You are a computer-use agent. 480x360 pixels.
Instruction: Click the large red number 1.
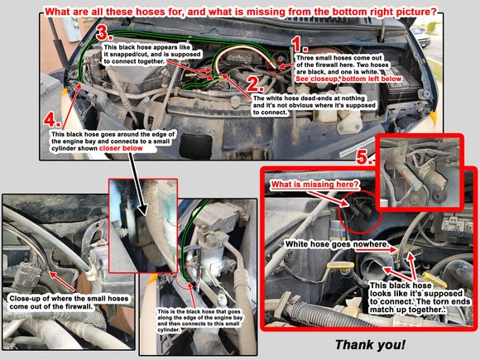[x=299, y=44]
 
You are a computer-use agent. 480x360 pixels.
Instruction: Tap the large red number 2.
[x=255, y=84]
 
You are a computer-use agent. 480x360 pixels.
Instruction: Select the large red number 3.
[x=104, y=33]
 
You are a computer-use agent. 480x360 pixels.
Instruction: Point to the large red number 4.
[x=52, y=119]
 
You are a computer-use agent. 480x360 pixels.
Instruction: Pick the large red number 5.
[x=364, y=157]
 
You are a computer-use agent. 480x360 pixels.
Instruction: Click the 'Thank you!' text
[x=371, y=345]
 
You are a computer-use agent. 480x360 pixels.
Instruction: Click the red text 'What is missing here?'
[x=315, y=185]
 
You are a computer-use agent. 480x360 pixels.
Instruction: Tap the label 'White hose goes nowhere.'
[x=337, y=244]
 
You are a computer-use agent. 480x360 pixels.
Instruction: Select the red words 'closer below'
[x=121, y=148]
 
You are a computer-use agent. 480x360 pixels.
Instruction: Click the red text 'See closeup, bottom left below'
[x=348, y=79]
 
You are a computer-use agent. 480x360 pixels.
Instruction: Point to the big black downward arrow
[x=138, y=184]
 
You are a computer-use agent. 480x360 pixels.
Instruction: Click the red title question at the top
[x=241, y=12]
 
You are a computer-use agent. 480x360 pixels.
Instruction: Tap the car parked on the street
[x=420, y=37]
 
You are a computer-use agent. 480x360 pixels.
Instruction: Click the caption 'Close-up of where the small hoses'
[x=69, y=299]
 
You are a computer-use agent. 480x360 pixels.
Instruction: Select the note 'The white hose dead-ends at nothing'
[x=309, y=98]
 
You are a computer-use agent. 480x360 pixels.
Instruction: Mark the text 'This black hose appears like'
[x=147, y=47]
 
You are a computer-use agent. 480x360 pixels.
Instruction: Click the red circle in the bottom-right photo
[x=360, y=212]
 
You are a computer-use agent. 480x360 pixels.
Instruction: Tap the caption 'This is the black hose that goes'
[x=199, y=312]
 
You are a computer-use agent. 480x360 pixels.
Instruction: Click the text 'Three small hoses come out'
[x=339, y=58]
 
